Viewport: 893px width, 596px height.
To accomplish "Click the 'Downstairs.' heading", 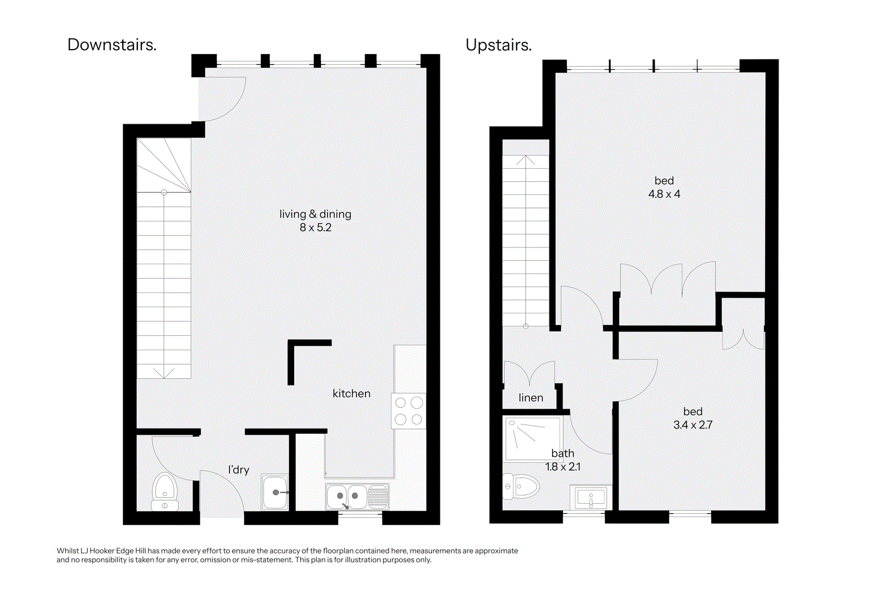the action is click(112, 45).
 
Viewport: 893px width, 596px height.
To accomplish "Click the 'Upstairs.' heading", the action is click(498, 45).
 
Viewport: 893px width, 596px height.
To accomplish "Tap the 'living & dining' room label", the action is click(315, 214).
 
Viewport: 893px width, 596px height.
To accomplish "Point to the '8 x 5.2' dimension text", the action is click(315, 227).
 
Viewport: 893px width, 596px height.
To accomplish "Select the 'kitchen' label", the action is click(351, 393).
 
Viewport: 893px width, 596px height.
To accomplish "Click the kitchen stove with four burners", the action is click(409, 411).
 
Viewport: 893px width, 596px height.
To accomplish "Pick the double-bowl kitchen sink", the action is click(357, 496).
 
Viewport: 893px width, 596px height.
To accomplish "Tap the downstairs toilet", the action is click(165, 492).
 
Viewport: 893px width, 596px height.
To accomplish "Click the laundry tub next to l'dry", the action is click(275, 492).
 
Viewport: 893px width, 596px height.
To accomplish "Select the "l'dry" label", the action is click(238, 470).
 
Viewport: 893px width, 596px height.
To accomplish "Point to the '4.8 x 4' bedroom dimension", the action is click(664, 194).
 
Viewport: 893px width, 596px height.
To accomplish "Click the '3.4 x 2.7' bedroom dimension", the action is click(693, 425).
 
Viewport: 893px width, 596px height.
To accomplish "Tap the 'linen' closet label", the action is click(531, 398).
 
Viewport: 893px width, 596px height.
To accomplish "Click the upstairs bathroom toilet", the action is click(521, 487).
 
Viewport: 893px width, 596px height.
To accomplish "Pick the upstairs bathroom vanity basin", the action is click(591, 498).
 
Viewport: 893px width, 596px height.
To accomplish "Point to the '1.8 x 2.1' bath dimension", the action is click(563, 467).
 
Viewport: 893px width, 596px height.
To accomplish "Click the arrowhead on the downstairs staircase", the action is click(164, 373).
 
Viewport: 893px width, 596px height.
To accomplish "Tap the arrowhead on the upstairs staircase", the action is click(526, 160).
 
